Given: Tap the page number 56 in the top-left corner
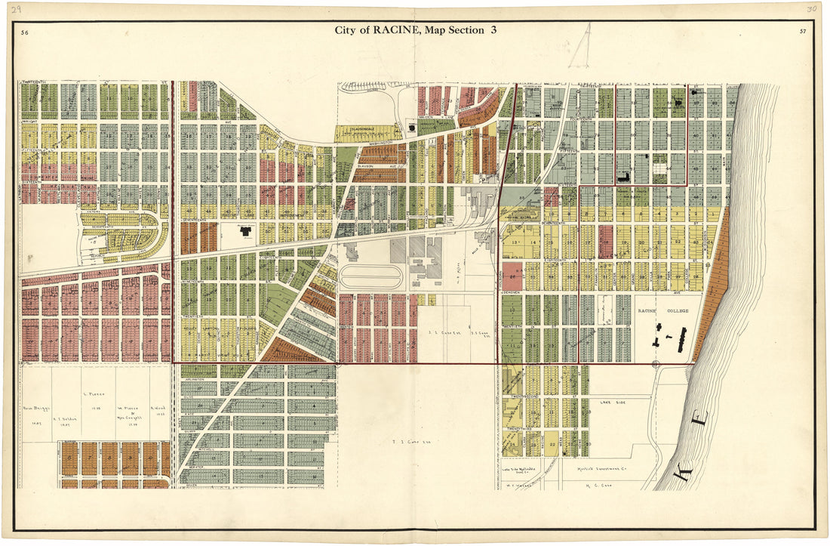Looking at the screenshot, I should coord(25,33).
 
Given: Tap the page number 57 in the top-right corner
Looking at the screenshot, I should coord(801,32).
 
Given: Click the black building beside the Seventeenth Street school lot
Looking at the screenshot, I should coord(247,233).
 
